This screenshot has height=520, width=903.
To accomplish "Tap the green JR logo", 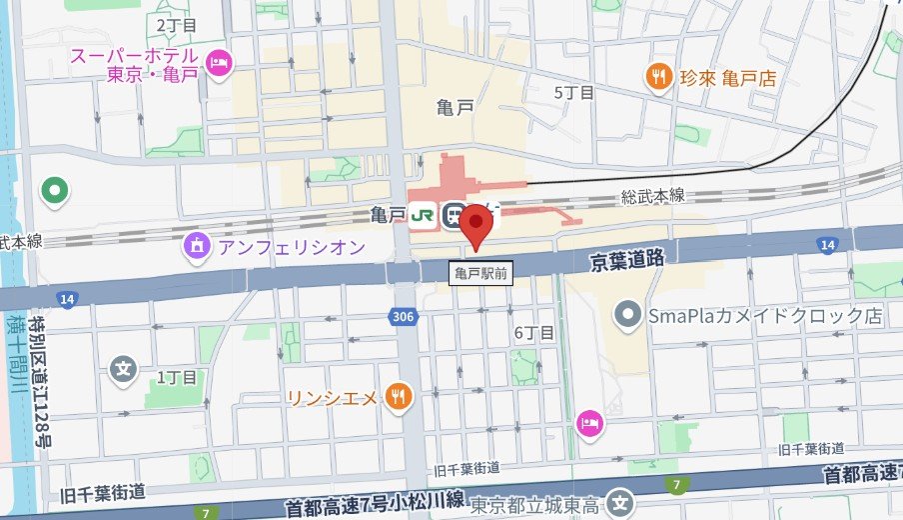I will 423,215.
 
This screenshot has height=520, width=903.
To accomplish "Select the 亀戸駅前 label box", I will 479,272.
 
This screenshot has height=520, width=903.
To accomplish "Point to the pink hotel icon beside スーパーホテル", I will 218,65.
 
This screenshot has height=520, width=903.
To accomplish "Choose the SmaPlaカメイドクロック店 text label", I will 765,316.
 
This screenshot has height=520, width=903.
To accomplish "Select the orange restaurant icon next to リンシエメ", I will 398,396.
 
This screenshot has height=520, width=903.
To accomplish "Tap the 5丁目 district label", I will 574,93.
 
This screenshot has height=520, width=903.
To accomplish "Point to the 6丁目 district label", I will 533,333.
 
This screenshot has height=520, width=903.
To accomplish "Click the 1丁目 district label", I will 178,377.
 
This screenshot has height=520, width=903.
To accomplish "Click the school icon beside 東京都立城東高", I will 622,503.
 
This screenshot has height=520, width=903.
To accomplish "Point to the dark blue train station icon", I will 454,215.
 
